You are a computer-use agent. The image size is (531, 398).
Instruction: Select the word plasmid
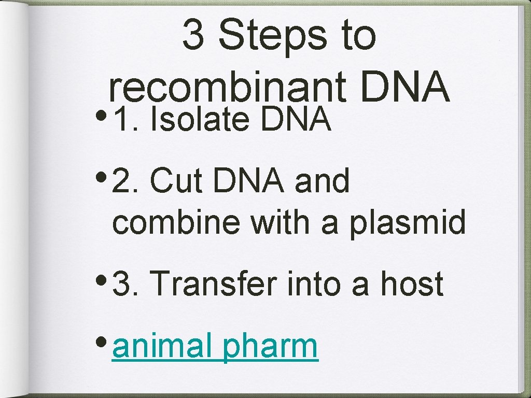point(408,223)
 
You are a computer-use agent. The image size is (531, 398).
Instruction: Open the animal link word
point(162,346)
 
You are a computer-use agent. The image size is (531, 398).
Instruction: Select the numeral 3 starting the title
point(193,37)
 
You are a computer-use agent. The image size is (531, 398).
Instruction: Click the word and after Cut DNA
point(323,181)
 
